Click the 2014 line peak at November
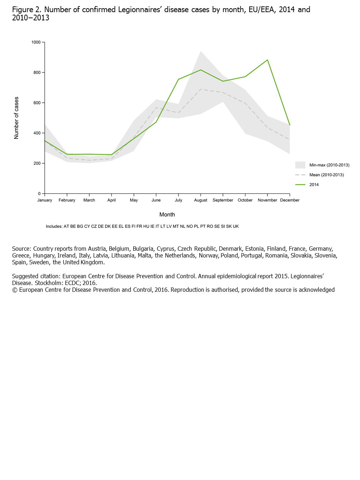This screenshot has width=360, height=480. tap(267, 60)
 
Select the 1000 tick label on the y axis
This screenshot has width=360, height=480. tap(36, 42)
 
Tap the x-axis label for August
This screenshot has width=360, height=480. tap(201, 200)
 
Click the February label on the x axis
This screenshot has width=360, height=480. tap(67, 200)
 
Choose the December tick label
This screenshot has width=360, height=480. tap(290, 200)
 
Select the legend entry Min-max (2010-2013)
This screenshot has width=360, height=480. tap(329, 165)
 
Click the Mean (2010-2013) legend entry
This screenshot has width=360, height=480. tap(326, 175)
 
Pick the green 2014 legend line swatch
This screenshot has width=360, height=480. tap(300, 185)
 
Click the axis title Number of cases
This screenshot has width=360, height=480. tap(16, 118)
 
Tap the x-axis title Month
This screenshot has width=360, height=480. tap(167, 215)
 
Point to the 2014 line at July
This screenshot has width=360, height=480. tap(178, 80)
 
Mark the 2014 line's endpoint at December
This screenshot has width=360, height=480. tap(290, 125)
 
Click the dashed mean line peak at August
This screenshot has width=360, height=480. tap(201, 89)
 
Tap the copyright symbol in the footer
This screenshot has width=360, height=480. tap(15, 290)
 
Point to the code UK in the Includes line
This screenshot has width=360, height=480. tap(236, 226)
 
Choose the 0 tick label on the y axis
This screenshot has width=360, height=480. tap(39, 194)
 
